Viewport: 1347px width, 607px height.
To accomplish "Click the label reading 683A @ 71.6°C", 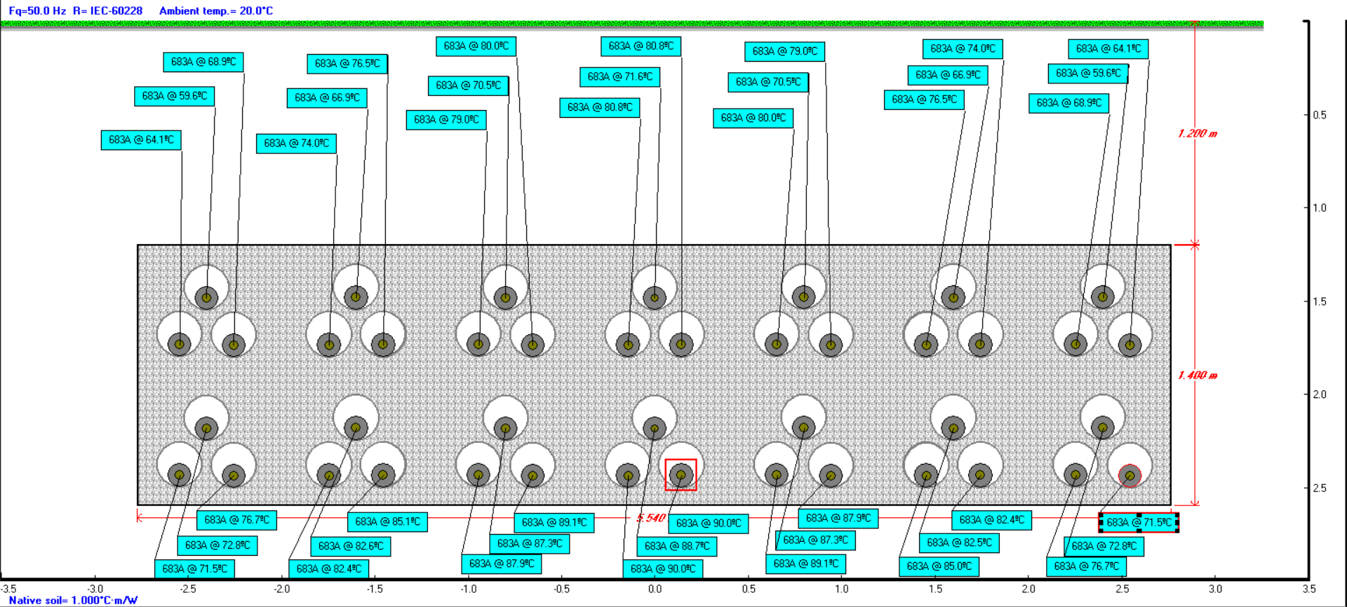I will tap(619, 77).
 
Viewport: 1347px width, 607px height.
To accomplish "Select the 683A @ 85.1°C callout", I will tap(387, 522).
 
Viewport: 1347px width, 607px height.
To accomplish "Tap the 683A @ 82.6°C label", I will tap(351, 546).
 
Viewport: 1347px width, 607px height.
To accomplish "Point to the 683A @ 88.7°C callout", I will tap(677, 546).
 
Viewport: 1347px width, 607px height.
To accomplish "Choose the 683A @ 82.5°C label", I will tap(959, 543).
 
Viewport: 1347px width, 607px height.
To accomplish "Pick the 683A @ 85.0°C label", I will tap(939, 566).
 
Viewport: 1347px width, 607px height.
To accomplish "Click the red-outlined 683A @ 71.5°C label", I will tap(1139, 523).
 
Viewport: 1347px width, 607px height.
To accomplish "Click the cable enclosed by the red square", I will tap(681, 475).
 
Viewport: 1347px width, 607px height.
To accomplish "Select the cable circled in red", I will tap(1130, 476).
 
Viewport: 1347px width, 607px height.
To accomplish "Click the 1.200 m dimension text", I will tap(1198, 134).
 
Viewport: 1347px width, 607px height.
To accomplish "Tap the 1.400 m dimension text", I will tap(1198, 376).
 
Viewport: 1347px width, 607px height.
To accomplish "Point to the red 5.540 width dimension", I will tap(651, 518).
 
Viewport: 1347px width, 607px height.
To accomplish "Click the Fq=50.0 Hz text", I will tap(37, 11).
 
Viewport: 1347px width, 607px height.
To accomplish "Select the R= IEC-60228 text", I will tap(107, 11).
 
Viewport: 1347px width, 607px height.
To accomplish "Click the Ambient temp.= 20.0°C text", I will tap(216, 11).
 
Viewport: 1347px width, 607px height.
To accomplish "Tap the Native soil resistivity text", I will tap(73, 601).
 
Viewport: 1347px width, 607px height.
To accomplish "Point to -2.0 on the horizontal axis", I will tap(281, 589).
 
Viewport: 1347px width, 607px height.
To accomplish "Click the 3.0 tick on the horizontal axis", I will tap(1215, 589).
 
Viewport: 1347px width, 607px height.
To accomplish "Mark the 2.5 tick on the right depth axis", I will tap(1320, 489).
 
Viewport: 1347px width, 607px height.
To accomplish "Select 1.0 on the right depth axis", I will tap(1320, 208).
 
